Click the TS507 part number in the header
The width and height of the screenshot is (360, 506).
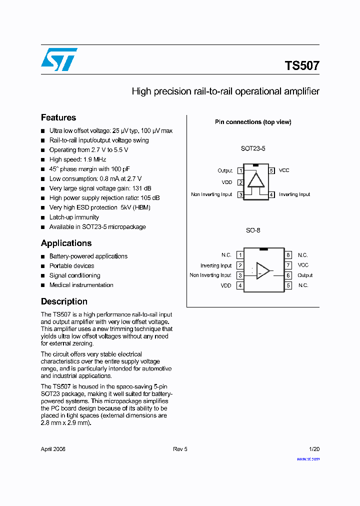[x=302, y=65]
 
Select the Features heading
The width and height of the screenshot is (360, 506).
[x=58, y=117]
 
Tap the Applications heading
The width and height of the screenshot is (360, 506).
[x=66, y=243]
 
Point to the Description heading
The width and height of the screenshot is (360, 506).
[x=64, y=301]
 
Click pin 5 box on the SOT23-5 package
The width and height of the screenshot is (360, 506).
[x=271, y=170]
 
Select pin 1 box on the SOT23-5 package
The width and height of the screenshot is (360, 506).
[x=240, y=171]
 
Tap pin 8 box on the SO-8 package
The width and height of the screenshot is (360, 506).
[x=288, y=255]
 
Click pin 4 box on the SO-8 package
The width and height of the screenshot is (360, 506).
[x=240, y=285]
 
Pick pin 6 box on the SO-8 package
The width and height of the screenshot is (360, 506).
[x=288, y=275]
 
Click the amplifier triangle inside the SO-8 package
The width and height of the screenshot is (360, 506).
[x=262, y=270]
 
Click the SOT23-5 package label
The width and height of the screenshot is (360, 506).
[x=253, y=148]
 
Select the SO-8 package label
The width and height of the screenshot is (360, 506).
[x=253, y=230]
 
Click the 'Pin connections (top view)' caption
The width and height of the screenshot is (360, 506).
[x=253, y=122]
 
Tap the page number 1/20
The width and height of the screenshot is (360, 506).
[x=314, y=449]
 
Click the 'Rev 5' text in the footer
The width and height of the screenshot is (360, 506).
[x=180, y=449]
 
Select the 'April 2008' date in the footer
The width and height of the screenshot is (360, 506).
[x=53, y=449]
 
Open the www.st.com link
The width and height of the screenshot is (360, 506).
[x=308, y=458]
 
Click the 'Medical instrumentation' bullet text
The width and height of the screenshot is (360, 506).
[x=81, y=285]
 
